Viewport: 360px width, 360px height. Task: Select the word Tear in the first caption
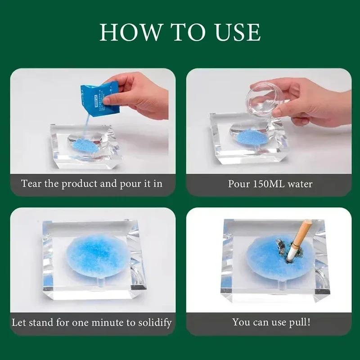(x=31, y=184)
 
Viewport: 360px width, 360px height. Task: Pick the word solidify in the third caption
(x=150, y=322)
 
